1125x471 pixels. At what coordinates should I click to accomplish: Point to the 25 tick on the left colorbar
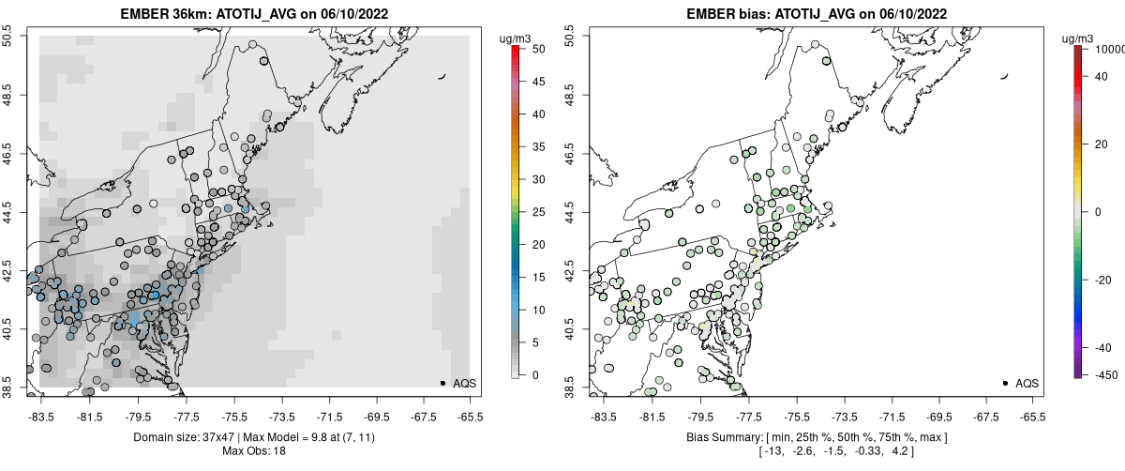[532, 212]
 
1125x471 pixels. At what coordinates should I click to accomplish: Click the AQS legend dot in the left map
[442, 383]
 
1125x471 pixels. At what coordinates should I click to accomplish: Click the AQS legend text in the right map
[1027, 383]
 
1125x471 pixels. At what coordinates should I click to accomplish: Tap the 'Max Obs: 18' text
[253, 451]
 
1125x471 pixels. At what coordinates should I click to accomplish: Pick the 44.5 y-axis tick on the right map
[570, 210]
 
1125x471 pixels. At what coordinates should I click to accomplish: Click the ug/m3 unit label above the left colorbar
[516, 38]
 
